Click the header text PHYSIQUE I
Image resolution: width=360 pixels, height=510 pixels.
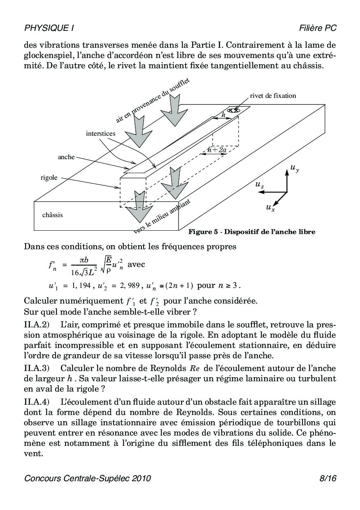[49, 28]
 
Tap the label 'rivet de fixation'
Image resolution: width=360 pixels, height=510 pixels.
[273, 96]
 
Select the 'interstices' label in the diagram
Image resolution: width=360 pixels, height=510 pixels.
[101, 133]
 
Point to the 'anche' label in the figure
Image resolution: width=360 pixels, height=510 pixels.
[66, 157]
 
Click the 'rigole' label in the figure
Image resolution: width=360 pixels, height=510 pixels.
[49, 178]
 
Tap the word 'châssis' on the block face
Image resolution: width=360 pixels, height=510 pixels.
[52, 215]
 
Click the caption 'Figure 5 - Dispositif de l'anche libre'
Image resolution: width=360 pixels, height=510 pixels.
[252, 232]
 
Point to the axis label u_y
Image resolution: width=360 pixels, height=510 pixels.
[295, 168]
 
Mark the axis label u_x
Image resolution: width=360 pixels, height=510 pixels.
[270, 208]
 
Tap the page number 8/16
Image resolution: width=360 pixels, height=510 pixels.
[327, 478]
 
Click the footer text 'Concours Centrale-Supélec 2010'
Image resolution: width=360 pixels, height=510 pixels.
[88, 478]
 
